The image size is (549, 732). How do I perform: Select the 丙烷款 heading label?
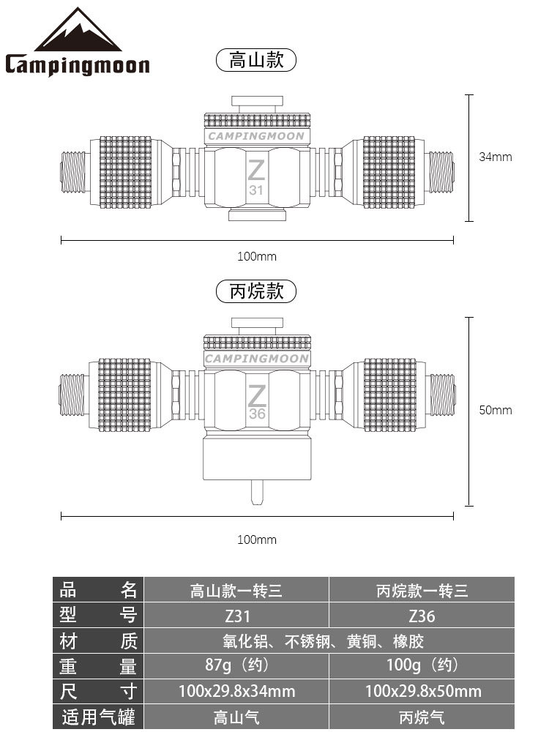click(256, 291)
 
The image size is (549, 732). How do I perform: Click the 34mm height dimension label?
click(496, 157)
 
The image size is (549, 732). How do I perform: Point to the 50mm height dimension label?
click(496, 410)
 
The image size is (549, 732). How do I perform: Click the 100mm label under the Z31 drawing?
click(256, 256)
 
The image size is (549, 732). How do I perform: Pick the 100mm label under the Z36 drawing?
click(256, 539)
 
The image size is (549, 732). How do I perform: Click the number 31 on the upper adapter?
click(256, 190)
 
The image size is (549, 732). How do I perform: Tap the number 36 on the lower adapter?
click(257, 414)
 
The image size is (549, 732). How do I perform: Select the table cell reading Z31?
click(236, 616)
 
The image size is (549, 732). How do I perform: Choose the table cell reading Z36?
click(422, 616)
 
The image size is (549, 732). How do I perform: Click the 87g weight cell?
click(236, 665)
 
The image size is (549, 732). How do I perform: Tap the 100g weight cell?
click(422, 665)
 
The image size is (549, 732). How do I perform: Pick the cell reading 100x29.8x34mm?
click(236, 690)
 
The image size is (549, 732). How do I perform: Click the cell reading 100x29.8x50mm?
click(422, 690)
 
